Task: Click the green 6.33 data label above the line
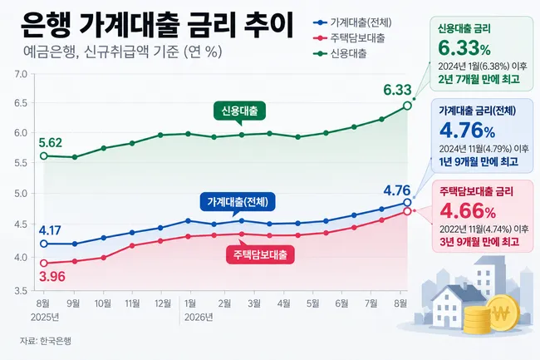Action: pyautogui.click(x=397, y=90)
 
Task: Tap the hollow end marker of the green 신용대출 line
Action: pyautogui.click(x=407, y=106)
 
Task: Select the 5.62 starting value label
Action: pyautogui.click(x=51, y=143)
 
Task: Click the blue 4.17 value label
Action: pyautogui.click(x=50, y=230)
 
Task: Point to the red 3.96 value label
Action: pyautogui.click(x=52, y=276)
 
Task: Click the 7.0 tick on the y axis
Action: pyautogui.click(x=21, y=74)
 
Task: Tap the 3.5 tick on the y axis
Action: pyautogui.click(x=21, y=291)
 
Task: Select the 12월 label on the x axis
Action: pyautogui.click(x=163, y=303)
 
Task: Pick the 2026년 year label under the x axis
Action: pyautogui.click(x=199, y=317)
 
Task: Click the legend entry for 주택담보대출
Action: pyautogui.click(x=349, y=38)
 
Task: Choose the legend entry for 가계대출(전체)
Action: pyautogui.click(x=352, y=22)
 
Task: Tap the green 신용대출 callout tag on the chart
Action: pyautogui.click(x=240, y=111)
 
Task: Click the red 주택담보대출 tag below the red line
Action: pyautogui.click(x=260, y=254)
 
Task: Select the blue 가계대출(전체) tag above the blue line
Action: pyautogui.click(x=238, y=202)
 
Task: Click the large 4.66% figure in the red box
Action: pyautogui.click(x=468, y=211)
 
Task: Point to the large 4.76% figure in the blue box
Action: pyautogui.click(x=468, y=131)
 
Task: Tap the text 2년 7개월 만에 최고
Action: pyautogui.click(x=479, y=79)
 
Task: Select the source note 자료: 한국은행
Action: pyautogui.click(x=46, y=341)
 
